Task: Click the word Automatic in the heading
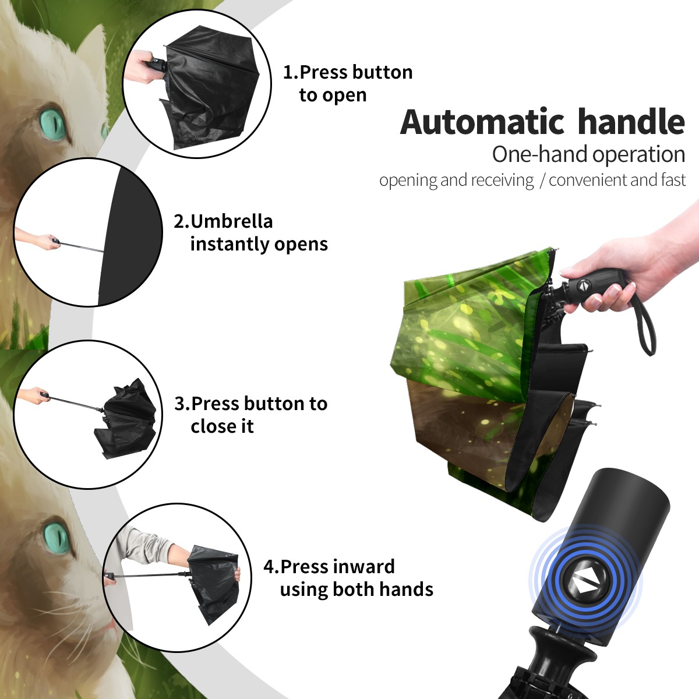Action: (482, 122)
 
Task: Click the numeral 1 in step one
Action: (287, 73)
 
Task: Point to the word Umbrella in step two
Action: (232, 221)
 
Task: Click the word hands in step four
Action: (406, 589)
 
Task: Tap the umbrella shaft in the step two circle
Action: (82, 246)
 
